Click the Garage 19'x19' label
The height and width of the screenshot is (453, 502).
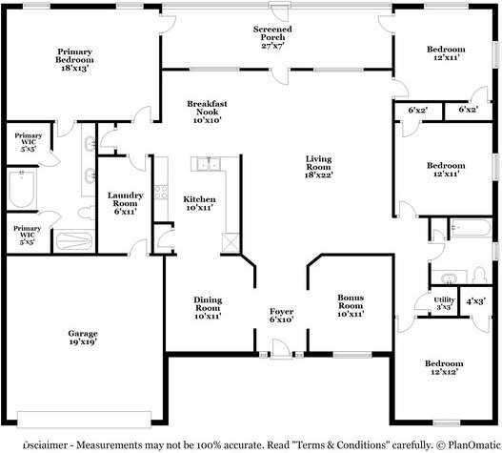coord(83,338)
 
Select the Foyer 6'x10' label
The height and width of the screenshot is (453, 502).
coord(281,315)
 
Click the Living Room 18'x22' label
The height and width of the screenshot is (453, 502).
coord(318,167)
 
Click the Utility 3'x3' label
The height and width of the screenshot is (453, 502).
coord(444,303)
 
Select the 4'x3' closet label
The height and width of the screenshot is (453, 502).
coord(476,301)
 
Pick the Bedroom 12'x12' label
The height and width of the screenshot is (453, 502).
coord(444,367)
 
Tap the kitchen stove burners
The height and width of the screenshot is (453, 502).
coord(161,192)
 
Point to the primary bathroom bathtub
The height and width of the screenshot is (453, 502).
coord(22,189)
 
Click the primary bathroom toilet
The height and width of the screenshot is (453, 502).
coord(87,213)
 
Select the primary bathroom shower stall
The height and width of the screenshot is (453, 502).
coord(74,239)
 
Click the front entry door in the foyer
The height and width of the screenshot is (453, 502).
coord(281,349)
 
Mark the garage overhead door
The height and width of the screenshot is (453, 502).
coord(84,420)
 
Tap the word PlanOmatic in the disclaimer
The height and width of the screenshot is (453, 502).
coord(473,445)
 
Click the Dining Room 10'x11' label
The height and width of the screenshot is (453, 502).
coord(208,308)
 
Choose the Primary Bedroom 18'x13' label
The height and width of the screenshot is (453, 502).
coord(74,60)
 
